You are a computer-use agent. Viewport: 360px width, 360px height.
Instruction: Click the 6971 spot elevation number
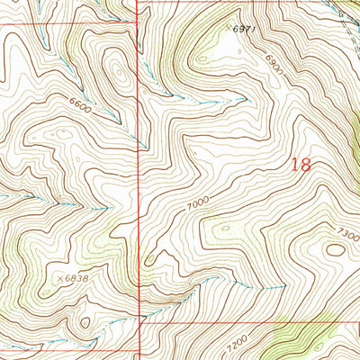pyautogui.click(x=246, y=30)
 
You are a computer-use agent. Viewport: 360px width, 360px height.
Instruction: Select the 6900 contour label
pyautogui.click(x=274, y=64)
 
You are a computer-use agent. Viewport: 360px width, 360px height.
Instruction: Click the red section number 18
pyautogui.click(x=301, y=165)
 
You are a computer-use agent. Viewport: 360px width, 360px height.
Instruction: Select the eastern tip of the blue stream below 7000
pyautogui.click(x=283, y=286)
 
